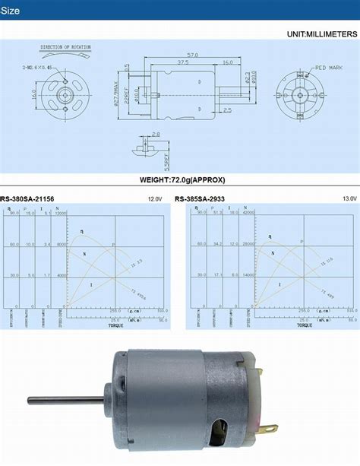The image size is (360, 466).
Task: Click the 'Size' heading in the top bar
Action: tap(16, 11)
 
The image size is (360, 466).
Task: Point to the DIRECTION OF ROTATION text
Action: tap(65, 47)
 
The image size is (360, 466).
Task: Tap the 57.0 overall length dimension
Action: tap(193, 55)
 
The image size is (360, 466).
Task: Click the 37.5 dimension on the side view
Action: tap(183, 63)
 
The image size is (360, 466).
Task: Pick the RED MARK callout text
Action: tap(328, 68)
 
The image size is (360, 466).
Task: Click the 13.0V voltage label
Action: tap(349, 200)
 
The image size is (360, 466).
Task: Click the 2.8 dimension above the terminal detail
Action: tap(155, 135)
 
